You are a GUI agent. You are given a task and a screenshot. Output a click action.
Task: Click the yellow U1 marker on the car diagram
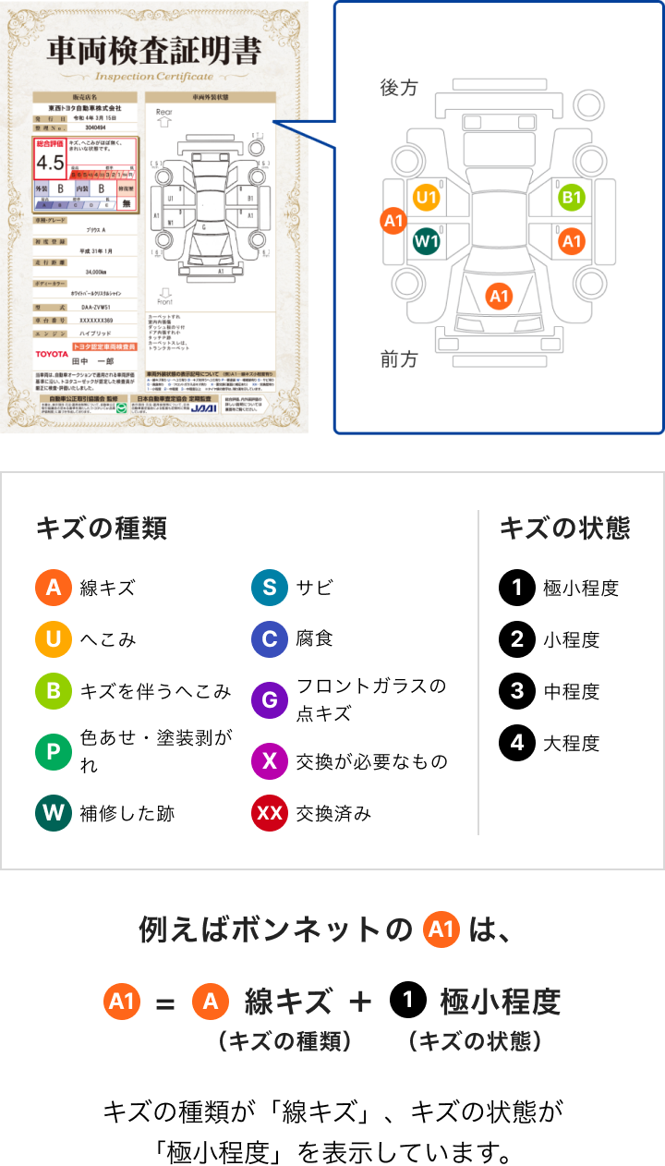tap(426, 197)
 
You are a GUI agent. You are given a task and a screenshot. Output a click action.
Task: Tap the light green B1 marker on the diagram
tap(572, 197)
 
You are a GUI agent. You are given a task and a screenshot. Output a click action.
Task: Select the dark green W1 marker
tap(426, 241)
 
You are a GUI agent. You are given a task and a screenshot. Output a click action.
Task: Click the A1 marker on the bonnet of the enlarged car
tap(499, 296)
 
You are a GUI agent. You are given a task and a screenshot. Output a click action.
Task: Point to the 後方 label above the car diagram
tap(399, 88)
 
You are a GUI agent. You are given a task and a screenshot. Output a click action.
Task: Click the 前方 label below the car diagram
tap(399, 359)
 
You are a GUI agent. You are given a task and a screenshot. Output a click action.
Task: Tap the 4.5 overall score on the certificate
tap(49, 163)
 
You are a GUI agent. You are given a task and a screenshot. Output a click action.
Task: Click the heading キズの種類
tap(101, 528)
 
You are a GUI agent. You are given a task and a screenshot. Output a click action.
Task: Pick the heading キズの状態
tap(564, 528)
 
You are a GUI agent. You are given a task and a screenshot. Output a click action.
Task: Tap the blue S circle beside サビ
tap(269, 588)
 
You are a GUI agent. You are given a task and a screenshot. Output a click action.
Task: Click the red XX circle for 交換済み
tap(269, 813)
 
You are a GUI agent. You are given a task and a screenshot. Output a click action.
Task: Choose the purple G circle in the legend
tap(269, 699)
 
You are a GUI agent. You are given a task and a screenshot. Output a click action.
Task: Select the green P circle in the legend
tap(53, 751)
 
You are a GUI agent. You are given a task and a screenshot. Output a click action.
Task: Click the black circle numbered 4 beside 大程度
tap(517, 742)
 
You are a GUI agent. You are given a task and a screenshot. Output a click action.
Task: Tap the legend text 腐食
tap(315, 639)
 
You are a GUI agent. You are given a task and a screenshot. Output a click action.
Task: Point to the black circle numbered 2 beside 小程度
tap(517, 639)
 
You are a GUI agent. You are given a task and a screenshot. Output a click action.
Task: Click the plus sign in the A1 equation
tap(360, 1001)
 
